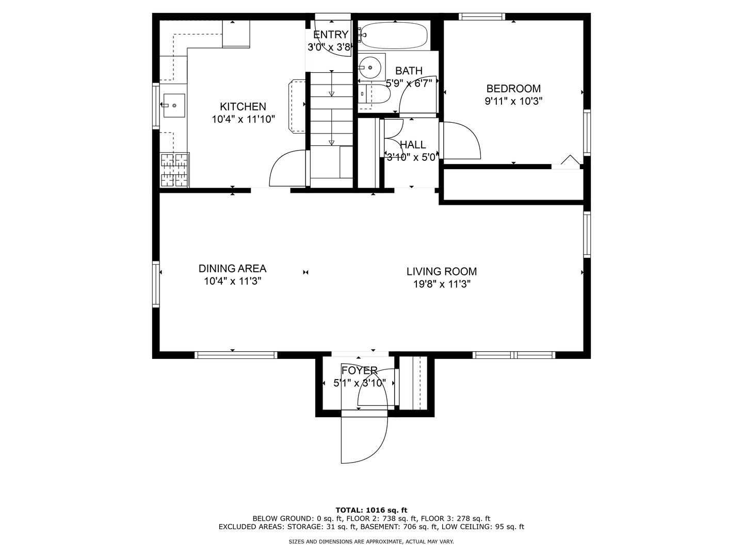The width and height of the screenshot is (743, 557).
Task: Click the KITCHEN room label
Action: point(243,107)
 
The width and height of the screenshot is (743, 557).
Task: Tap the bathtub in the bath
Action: point(395,36)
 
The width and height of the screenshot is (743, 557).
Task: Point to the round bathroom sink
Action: point(370,67)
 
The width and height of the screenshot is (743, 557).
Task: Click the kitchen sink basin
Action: point(174,106)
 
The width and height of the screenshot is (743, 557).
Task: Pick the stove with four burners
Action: point(175,170)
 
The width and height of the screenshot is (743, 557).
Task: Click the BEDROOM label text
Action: point(513,89)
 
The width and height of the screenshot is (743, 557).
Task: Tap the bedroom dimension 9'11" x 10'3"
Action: point(513,101)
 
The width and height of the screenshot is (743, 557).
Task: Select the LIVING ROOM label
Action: point(441,272)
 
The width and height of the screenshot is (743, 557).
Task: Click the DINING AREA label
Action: point(232,269)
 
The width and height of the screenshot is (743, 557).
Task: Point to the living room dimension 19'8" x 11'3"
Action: point(442,284)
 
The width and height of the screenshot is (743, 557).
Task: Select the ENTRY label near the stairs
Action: point(330,35)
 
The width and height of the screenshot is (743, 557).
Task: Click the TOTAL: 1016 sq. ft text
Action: point(372,510)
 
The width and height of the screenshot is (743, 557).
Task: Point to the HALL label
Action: point(413,145)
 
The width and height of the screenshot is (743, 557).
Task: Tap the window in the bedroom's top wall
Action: point(482,17)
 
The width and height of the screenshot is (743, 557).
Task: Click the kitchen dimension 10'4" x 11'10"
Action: point(243,119)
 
